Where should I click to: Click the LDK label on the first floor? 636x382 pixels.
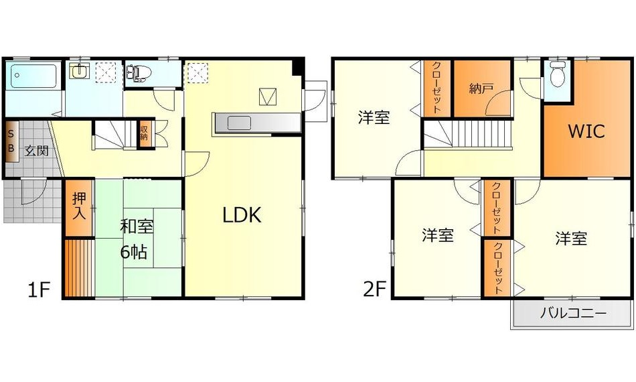[242, 215]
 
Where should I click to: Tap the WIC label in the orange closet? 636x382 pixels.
[586, 131]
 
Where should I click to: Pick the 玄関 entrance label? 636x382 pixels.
[37, 149]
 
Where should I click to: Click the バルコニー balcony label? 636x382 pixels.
[572, 313]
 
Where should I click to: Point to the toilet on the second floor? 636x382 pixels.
[556, 78]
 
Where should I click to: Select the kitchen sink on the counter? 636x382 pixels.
[238, 123]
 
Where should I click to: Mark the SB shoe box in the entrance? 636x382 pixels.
[11, 141]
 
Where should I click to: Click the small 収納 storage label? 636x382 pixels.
[144, 132]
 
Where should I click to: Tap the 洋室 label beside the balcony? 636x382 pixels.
[571, 238]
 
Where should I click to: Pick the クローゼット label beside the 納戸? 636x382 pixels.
[436, 88]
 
